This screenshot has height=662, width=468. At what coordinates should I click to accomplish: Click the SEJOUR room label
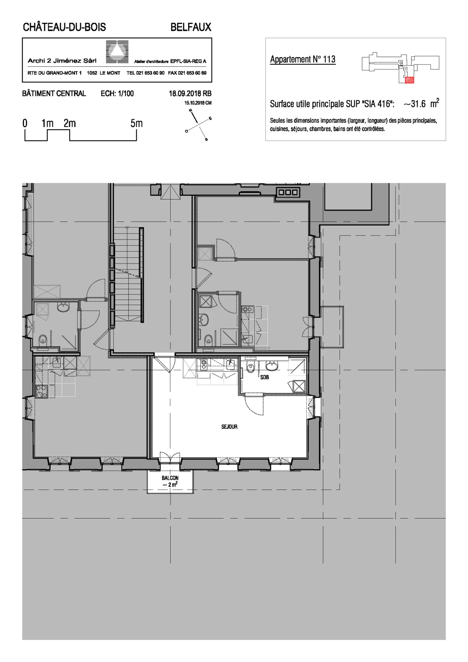tap(229, 427)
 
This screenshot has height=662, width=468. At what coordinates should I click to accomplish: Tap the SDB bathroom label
tap(264, 377)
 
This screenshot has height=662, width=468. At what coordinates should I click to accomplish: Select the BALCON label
tap(170, 478)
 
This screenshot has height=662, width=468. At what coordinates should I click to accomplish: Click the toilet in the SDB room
tap(251, 368)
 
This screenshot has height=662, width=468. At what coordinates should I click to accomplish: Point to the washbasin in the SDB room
tap(272, 366)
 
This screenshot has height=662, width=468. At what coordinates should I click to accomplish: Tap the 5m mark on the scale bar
tap(136, 123)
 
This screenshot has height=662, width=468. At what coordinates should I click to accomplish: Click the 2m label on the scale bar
tap(70, 123)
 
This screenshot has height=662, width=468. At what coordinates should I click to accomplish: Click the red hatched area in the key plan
tap(409, 80)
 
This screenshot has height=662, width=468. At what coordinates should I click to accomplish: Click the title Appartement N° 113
tap(303, 59)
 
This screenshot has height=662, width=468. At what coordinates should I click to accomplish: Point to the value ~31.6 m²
tap(421, 104)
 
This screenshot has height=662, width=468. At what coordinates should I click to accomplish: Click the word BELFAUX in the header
tap(191, 27)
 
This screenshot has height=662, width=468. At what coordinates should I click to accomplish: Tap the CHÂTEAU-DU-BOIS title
tap(64, 27)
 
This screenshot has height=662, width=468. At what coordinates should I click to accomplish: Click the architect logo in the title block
tap(117, 52)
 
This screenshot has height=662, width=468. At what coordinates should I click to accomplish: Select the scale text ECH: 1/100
tap(117, 94)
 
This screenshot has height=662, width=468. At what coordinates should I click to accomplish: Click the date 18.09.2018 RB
tap(190, 94)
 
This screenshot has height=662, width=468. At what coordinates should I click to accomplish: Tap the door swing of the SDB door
tap(254, 406)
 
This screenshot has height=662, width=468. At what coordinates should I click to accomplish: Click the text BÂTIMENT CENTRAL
tap(54, 94)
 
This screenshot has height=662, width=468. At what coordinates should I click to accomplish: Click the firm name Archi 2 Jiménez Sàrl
tap(62, 61)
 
